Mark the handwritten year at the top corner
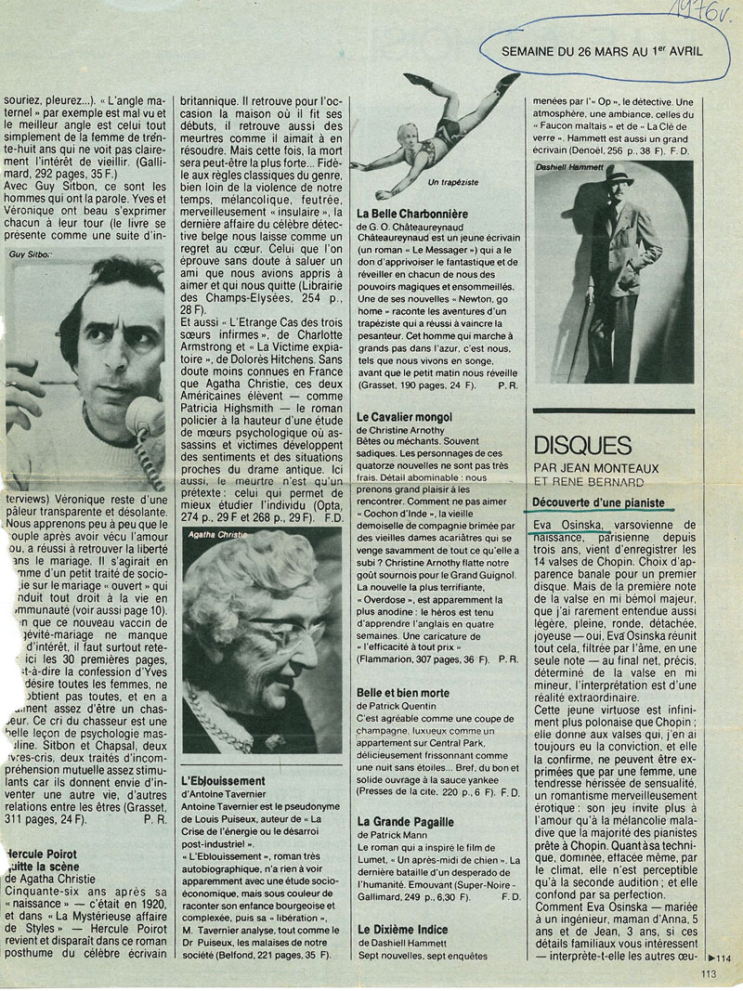coord(710,13)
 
